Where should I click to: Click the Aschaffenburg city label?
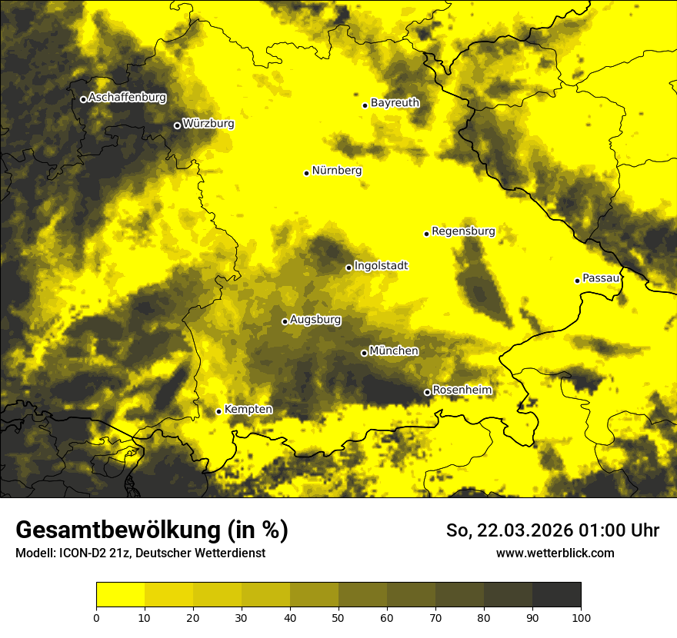tap(127, 98)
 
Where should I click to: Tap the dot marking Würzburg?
tap(177, 125)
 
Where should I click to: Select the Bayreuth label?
tap(395, 102)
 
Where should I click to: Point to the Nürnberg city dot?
tap(306, 173)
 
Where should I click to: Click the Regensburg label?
tap(463, 231)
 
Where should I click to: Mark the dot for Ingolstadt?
tap(349, 267)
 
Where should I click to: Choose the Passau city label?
tap(601, 277)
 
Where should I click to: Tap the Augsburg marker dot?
tap(285, 321)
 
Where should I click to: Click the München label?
tap(394, 351)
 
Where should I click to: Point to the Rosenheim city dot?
tap(427, 392)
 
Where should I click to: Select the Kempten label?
tap(248, 409)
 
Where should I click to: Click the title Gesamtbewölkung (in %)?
tap(152, 530)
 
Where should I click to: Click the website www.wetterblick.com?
tap(555, 553)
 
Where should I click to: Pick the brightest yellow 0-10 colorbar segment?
tap(120, 595)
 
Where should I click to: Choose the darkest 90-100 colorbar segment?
tap(556, 595)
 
